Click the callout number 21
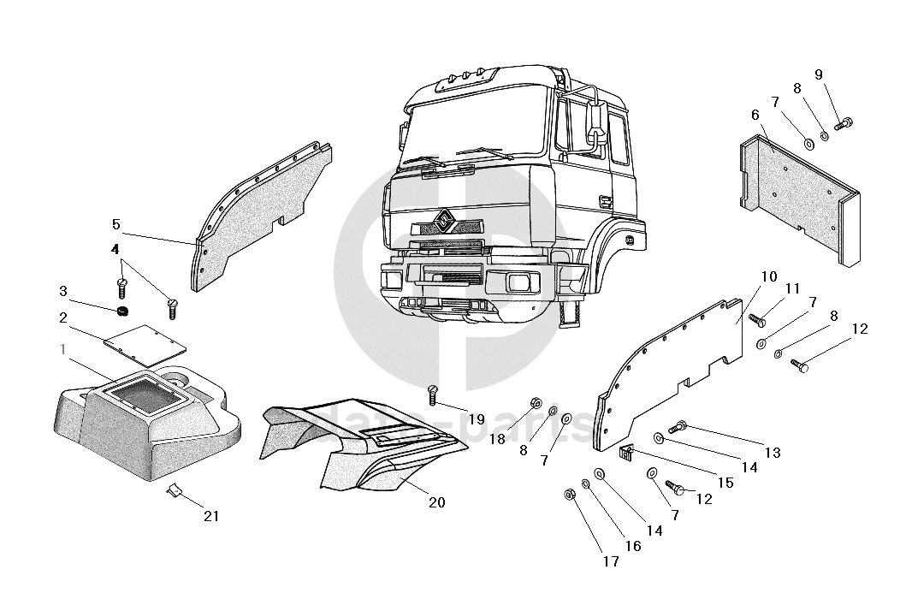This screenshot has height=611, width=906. click(x=211, y=516)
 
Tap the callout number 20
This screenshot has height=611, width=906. click(x=436, y=502)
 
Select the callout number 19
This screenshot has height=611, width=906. click(x=477, y=419)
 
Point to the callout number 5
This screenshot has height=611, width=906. click(x=116, y=224)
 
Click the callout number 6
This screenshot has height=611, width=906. click(x=755, y=115)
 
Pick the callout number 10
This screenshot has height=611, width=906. click(x=768, y=276)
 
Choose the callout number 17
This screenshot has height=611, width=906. click(x=610, y=562)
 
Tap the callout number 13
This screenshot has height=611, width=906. click(x=773, y=454)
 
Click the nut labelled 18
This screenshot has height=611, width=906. click(x=534, y=402)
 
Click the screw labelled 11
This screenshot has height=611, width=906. click(x=756, y=320)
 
